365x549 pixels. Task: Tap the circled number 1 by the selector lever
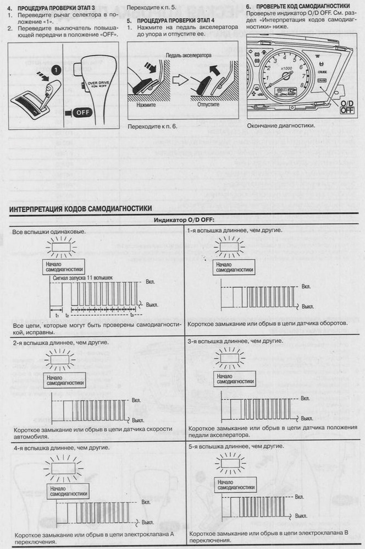[55, 70]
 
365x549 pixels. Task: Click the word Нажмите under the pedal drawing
[147, 104]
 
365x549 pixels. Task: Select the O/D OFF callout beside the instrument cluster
[347, 107]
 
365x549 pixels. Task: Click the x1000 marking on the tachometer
[286, 68]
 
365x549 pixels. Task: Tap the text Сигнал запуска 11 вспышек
[82, 278]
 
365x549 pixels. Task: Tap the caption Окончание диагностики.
[281, 125]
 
